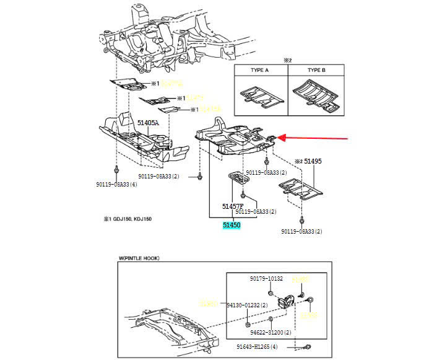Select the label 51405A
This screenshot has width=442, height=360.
pyautogui.click(x=148, y=123)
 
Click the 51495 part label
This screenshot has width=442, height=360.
pyautogui.click(x=313, y=161)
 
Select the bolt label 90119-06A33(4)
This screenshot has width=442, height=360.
pyautogui.click(x=116, y=185)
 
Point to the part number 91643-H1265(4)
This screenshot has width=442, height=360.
pyautogui.click(x=268, y=347)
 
